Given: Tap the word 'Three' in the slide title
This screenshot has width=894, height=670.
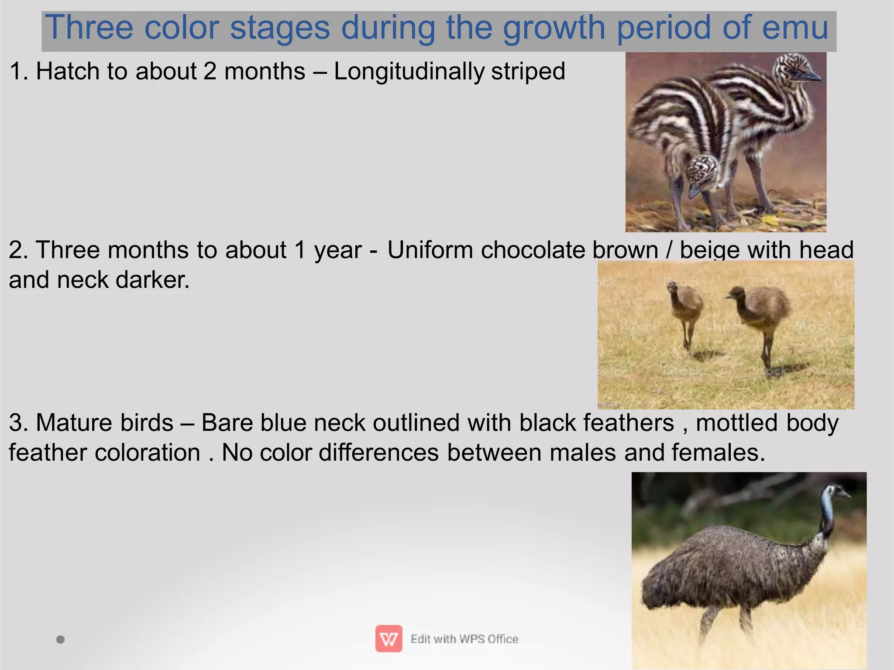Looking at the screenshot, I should click(x=89, y=28).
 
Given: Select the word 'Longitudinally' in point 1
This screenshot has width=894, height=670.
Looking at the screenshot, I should click(x=409, y=72).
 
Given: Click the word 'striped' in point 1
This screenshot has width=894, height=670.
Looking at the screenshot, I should click(x=528, y=72).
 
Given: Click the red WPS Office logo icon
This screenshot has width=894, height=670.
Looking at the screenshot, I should click(x=389, y=639).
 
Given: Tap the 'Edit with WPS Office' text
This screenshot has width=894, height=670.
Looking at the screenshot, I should click(x=464, y=639).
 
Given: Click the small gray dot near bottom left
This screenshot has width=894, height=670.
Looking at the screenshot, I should click(x=61, y=639).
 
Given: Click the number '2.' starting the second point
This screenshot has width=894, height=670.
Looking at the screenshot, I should click(x=18, y=250).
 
